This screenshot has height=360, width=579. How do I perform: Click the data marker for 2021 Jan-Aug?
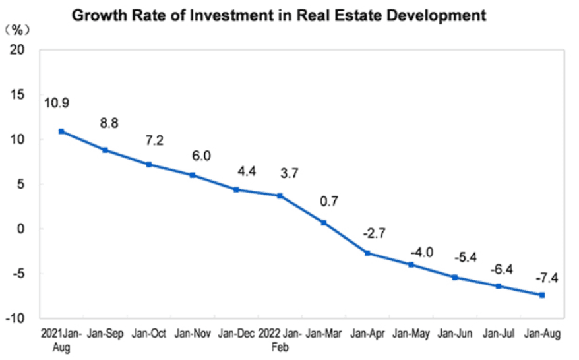(61, 131)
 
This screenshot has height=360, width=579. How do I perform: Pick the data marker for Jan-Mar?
(324, 223)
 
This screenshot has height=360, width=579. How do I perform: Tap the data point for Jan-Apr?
(367, 253)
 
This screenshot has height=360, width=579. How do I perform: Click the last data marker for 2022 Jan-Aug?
(542, 295)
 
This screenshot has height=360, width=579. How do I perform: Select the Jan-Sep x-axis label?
(105, 334)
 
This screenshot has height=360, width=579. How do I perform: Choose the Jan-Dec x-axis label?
(236, 334)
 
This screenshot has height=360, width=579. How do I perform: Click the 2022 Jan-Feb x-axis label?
(280, 340)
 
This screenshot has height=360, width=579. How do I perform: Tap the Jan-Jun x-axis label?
(455, 334)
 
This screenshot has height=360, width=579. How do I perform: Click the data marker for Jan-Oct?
(149, 164)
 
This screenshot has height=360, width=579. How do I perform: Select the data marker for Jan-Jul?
(499, 286)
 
